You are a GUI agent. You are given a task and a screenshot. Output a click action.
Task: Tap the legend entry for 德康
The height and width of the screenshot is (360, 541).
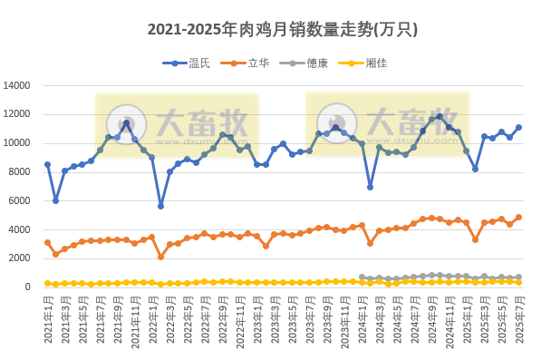(x=317, y=63)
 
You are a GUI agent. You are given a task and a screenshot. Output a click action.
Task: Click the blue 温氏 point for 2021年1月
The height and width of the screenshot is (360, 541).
(x=47, y=164)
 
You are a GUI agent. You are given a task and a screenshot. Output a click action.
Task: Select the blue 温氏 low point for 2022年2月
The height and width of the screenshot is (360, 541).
(x=160, y=206)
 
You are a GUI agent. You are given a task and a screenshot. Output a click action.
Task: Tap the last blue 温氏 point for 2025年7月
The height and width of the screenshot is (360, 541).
(x=518, y=127)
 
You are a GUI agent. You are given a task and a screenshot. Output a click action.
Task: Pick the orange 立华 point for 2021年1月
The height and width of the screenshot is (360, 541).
(x=47, y=242)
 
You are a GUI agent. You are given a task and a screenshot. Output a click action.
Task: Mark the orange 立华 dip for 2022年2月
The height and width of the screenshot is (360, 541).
(x=160, y=257)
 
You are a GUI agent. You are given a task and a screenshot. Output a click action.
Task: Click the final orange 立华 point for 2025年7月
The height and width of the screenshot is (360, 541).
(x=518, y=217)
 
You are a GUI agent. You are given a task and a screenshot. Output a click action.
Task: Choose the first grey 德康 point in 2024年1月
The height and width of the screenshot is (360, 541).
(x=362, y=277)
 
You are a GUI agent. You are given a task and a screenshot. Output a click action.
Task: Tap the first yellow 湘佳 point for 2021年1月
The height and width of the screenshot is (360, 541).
(x=47, y=283)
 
